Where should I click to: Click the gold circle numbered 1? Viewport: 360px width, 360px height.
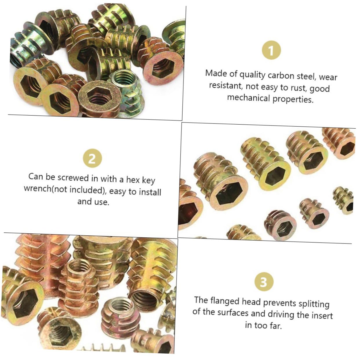click(x=271, y=50)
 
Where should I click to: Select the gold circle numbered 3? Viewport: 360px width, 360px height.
click(x=263, y=281)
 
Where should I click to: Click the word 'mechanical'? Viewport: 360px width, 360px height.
click(x=248, y=97)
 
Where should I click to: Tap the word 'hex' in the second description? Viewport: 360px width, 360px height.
click(x=133, y=180)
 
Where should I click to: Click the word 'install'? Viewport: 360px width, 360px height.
click(x=150, y=192)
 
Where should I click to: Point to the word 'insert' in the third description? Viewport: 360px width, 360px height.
click(x=322, y=315)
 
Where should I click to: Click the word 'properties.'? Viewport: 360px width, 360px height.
click(x=293, y=99)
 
